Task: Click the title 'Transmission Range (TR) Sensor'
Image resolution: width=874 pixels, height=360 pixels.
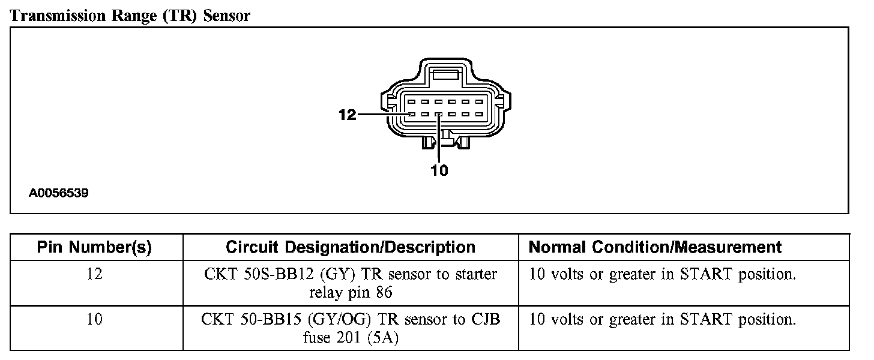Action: click(130, 16)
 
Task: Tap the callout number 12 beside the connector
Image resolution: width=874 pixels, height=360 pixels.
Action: click(348, 114)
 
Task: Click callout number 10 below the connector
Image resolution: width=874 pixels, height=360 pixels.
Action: click(439, 171)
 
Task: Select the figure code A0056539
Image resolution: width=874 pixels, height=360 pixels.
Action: click(59, 194)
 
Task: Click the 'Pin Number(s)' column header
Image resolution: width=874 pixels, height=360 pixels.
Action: click(94, 247)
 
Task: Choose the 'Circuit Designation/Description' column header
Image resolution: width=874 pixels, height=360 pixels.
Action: click(351, 247)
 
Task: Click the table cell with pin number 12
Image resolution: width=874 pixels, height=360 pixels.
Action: click(94, 274)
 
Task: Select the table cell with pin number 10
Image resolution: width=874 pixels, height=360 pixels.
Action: click(94, 319)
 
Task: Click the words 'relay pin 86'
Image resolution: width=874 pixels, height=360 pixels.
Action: click(351, 293)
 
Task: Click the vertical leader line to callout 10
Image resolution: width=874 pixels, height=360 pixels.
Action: click(439, 141)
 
